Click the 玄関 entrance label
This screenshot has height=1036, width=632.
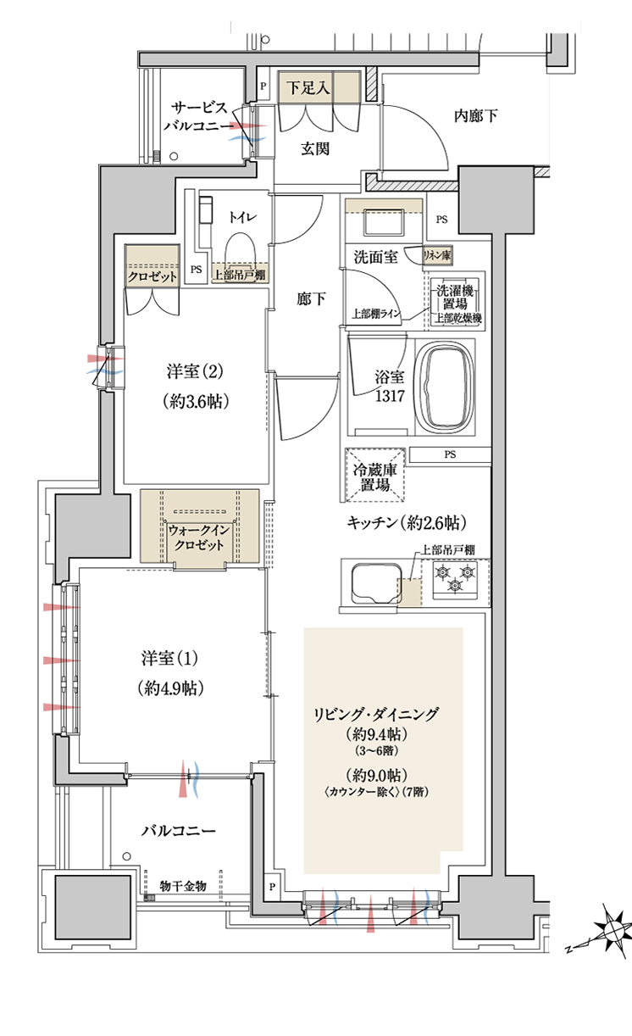(x=315, y=149)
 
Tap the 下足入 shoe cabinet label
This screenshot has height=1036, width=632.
(x=308, y=87)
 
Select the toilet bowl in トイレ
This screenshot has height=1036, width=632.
(x=240, y=253)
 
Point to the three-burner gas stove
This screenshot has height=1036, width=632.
(x=456, y=578)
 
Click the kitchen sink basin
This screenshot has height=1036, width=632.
(x=375, y=583)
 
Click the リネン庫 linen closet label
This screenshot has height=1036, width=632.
(x=437, y=255)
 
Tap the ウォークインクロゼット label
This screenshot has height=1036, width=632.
(x=199, y=537)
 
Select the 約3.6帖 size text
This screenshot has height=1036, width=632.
(x=196, y=402)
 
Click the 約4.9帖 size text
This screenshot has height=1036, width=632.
(x=170, y=688)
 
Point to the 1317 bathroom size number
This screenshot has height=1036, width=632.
(x=390, y=396)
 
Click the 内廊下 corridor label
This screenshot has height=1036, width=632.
(x=476, y=115)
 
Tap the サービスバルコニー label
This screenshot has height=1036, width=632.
(x=199, y=116)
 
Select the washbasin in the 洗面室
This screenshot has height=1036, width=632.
(x=384, y=223)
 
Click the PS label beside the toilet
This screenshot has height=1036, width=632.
(x=196, y=270)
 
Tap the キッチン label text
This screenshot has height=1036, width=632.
(x=372, y=522)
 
